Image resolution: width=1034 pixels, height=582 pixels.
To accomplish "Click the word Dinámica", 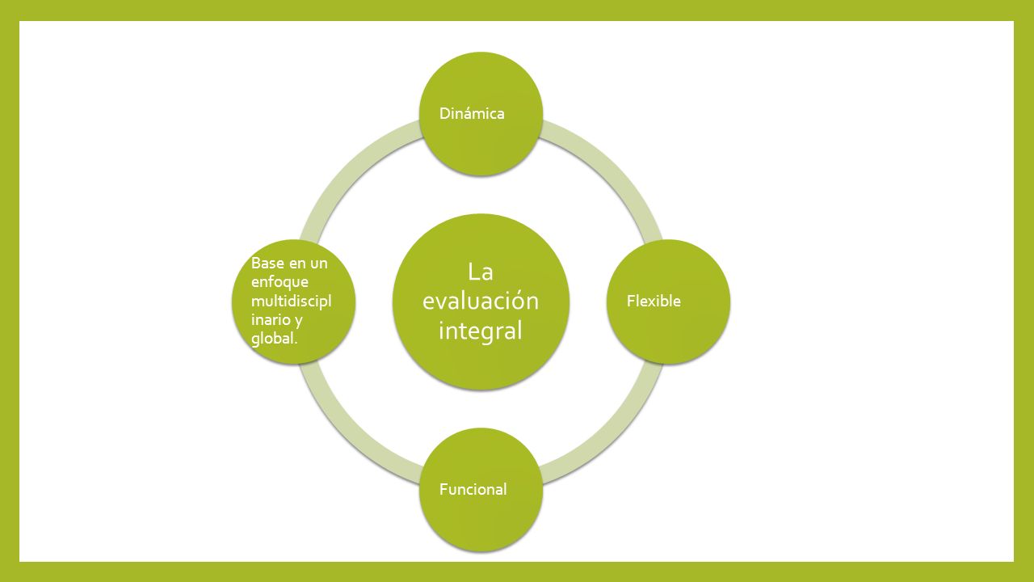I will coord(472,114).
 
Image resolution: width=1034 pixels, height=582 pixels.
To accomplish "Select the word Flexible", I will coord(654,302).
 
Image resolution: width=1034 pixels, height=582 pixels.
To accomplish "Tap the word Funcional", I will coord(473,489).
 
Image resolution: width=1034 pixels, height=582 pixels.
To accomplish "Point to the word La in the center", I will coord(480,272).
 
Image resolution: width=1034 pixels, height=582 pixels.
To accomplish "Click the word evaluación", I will coord(480,301).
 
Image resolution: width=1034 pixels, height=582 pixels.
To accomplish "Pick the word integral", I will coord(480,331).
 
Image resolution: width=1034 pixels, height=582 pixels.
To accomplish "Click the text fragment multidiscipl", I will coord(291,301).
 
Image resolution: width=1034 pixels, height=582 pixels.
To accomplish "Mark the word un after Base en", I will coord(318,264).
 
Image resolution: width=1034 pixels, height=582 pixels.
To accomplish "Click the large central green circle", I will coord(480,364).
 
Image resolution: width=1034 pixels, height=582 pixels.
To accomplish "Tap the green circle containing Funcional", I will coord(481,525).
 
